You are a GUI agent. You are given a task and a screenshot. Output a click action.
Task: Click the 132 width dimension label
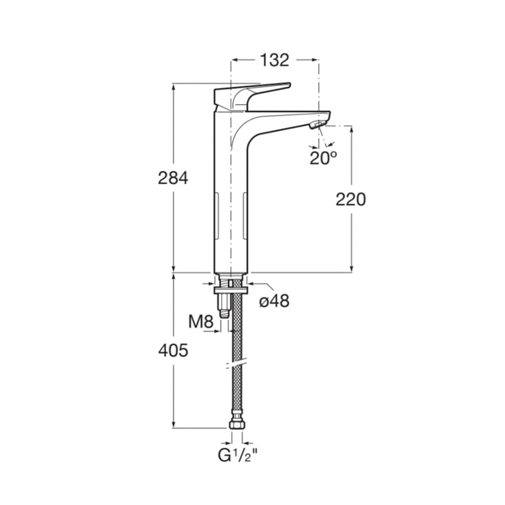pyautogui.click(x=275, y=60)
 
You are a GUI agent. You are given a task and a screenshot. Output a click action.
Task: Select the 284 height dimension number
pyautogui.click(x=173, y=178)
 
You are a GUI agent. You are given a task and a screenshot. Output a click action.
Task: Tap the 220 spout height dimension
pyautogui.click(x=351, y=199)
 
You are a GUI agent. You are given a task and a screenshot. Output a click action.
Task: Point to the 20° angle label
pyautogui.click(x=323, y=158)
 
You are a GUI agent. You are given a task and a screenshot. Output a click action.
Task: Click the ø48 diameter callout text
pyautogui.click(x=275, y=301)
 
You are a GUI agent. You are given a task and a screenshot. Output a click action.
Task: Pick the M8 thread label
pyautogui.click(x=201, y=321)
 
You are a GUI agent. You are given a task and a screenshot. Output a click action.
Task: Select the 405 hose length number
pyautogui.click(x=173, y=350)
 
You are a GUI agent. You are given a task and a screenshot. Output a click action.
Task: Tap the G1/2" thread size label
pyautogui.click(x=238, y=455)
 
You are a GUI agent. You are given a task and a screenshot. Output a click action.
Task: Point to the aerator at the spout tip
pyautogui.click(x=319, y=124)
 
